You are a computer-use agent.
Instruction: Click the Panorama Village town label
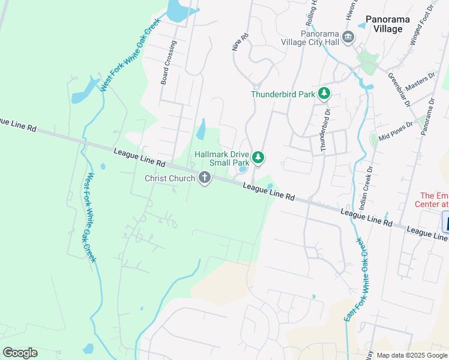pyautogui.click(x=387, y=25)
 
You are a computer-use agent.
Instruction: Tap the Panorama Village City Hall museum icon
pyautogui.click(x=348, y=38)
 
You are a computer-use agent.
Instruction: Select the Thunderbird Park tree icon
pyautogui.click(x=324, y=93)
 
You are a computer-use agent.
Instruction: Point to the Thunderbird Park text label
pyautogui.click(x=283, y=94)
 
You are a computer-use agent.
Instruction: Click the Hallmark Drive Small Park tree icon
pyautogui.click(x=258, y=158)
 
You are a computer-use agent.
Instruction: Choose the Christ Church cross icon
pyautogui.click(x=205, y=178)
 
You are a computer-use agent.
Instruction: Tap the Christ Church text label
pyautogui.click(x=170, y=178)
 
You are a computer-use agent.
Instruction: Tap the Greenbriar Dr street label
pyautogui.click(x=399, y=91)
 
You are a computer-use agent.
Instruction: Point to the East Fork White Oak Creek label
pyautogui.click(x=357, y=279)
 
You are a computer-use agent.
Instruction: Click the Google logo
pyautogui.click(x=20, y=353)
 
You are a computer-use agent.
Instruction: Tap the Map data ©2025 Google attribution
pyautogui.click(x=412, y=355)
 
